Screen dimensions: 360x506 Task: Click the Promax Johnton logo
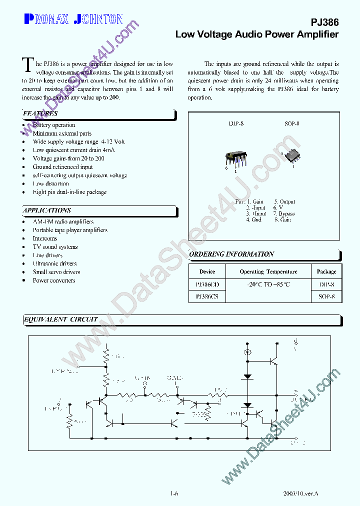click(x=73, y=19)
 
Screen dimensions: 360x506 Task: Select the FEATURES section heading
click(x=40, y=114)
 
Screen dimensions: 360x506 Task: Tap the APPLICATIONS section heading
click(x=47, y=210)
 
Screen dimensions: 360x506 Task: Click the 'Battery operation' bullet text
click(x=54, y=125)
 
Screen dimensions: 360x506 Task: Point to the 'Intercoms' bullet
click(x=45, y=238)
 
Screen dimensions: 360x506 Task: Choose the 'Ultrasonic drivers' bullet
click(x=54, y=263)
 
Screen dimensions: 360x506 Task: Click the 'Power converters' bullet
click(x=54, y=280)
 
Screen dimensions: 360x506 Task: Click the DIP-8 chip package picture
click(x=235, y=158)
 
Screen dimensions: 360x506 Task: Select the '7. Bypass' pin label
click(x=283, y=213)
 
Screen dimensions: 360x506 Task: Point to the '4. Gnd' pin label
click(x=253, y=219)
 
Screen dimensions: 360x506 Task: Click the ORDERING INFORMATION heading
click(x=232, y=254)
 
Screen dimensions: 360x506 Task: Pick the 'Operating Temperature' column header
click(x=268, y=271)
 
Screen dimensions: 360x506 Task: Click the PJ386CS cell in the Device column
click(x=207, y=296)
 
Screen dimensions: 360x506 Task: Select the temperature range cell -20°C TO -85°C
click(x=268, y=284)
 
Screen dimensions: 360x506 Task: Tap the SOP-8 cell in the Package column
click(x=326, y=296)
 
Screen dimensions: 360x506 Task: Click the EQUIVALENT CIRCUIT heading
click(x=61, y=319)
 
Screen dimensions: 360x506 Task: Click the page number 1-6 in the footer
click(x=174, y=493)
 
